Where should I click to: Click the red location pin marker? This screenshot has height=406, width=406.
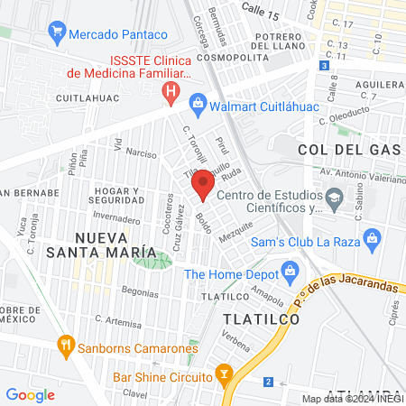203,186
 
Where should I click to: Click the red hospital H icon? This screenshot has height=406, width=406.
169,90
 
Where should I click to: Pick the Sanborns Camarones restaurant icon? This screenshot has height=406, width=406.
65,344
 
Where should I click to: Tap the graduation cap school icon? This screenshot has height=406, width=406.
335,197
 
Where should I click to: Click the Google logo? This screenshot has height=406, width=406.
30,394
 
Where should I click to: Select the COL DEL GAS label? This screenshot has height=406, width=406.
340,148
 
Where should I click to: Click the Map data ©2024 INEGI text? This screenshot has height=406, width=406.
353,399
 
